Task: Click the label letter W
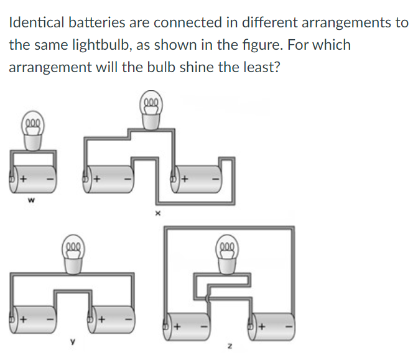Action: pyautogui.click(x=29, y=201)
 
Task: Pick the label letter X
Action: pyautogui.click(x=157, y=213)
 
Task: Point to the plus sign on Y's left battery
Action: pyautogui.click(x=23, y=320)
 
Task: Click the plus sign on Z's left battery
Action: pyautogui.click(x=177, y=325)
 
